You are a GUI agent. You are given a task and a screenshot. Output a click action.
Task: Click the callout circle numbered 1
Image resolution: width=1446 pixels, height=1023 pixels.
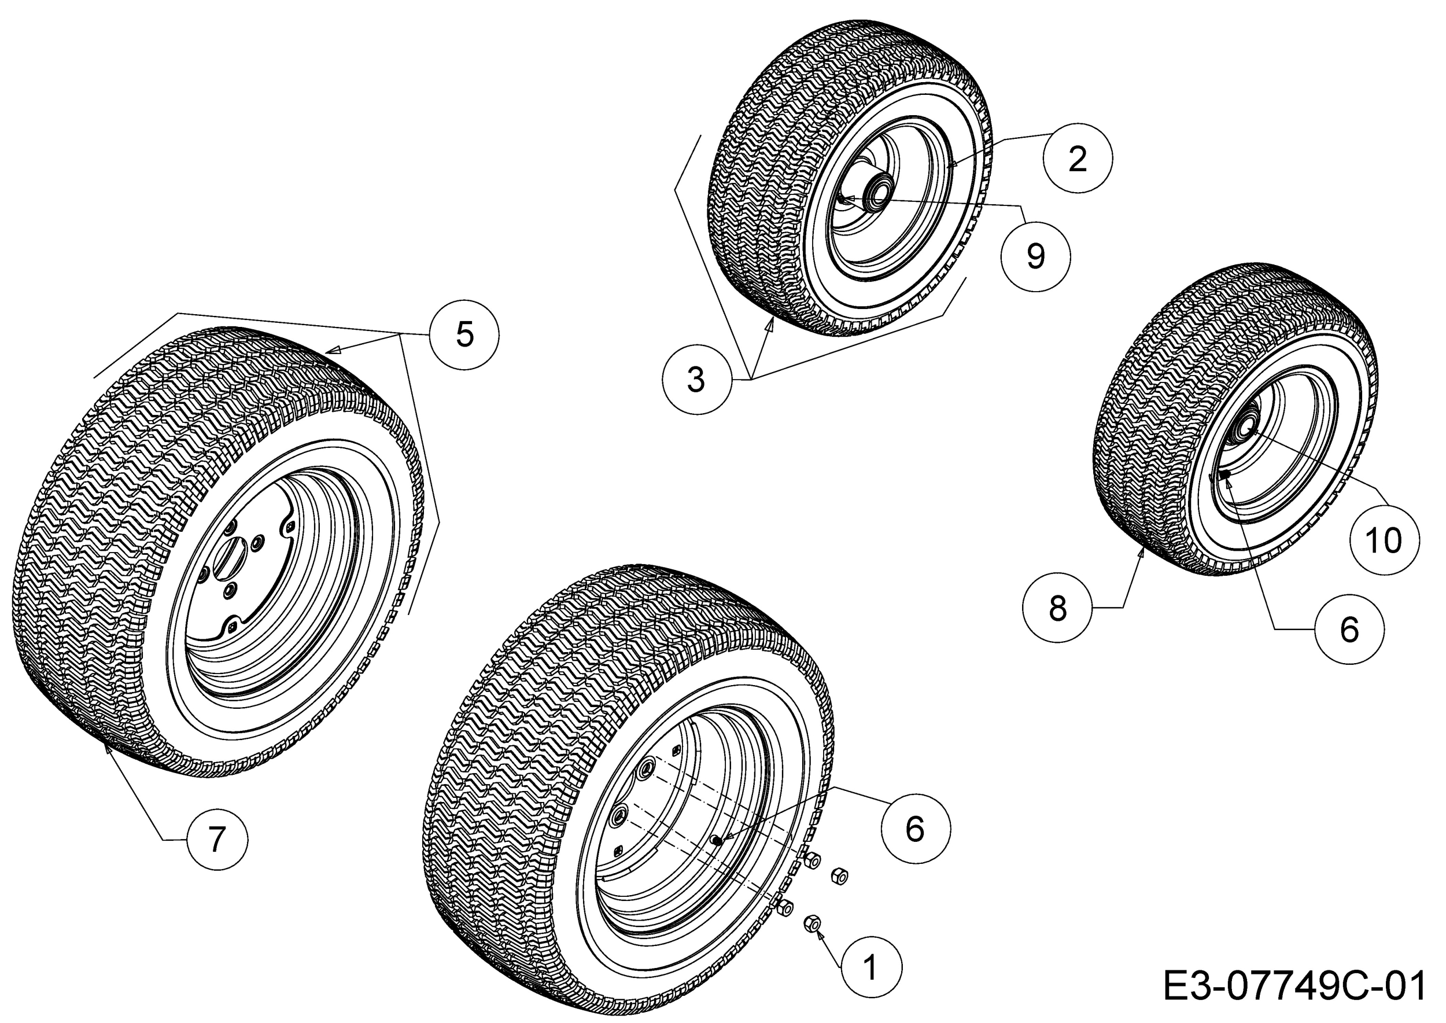point(871,967)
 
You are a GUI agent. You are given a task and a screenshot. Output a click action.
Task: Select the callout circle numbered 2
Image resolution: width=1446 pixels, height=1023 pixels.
point(1078,159)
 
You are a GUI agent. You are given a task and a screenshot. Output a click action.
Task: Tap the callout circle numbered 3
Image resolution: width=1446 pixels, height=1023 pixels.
point(696,380)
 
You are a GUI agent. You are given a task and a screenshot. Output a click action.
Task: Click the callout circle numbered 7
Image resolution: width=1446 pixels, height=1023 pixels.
point(216,839)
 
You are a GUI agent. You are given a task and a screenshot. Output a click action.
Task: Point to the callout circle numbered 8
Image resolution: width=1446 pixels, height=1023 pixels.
point(1057,609)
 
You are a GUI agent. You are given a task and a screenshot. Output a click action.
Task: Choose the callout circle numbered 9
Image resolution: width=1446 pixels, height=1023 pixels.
point(1035,257)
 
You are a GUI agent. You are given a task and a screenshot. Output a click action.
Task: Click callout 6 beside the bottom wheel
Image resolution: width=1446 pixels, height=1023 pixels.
point(916,829)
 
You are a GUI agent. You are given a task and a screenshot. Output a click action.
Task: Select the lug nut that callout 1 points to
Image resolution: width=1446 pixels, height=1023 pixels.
point(813,923)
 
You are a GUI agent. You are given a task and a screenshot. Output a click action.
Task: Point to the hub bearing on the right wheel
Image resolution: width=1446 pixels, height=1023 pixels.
point(1245,428)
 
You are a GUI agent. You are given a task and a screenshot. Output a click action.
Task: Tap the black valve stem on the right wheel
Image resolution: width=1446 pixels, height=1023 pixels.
point(1225,473)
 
